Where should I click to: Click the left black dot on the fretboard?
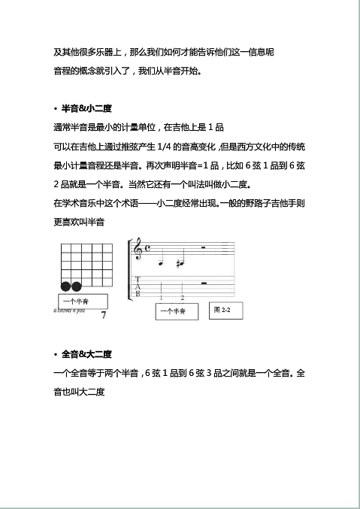pyautogui.click(x=65, y=286)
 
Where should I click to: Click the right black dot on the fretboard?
pyautogui.click(x=76, y=286)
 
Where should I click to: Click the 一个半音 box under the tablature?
pyautogui.click(x=176, y=311)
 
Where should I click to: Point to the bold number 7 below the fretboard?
pyautogui.click(x=103, y=315)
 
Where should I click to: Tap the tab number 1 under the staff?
pyautogui.click(x=161, y=298)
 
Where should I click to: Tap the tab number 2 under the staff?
pyautogui.click(x=182, y=298)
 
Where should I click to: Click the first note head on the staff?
pyautogui.click(x=161, y=263)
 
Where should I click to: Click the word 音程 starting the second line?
pyautogui.click(x=64, y=72)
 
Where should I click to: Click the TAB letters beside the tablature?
pyautogui.click(x=137, y=288)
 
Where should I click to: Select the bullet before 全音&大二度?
pyautogui.click(x=55, y=355)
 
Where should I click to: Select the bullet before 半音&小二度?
pyautogui.click(x=55, y=110)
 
